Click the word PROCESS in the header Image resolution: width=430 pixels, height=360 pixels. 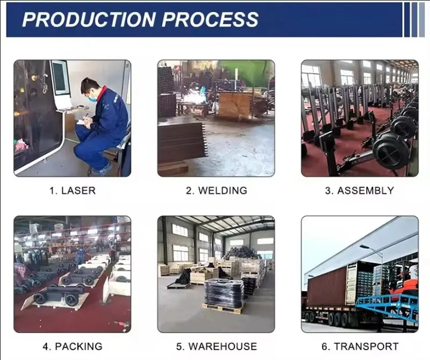[211, 19]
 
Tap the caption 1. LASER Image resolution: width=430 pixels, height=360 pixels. [72, 191]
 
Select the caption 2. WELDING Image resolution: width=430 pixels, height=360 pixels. [216, 191]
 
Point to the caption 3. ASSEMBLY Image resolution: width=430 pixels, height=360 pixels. [359, 191]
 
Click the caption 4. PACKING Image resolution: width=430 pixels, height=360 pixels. [72, 347]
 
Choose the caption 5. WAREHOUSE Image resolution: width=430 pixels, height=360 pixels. [216, 347]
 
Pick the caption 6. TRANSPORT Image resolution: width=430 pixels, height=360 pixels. [359, 347]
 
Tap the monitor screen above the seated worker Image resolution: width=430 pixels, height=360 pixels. [59, 78]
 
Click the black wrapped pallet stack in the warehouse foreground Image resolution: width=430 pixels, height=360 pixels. [223, 293]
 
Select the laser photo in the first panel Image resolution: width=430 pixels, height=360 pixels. [72, 118]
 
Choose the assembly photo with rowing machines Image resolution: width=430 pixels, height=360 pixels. [359, 118]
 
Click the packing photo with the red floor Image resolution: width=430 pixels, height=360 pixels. [72, 274]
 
